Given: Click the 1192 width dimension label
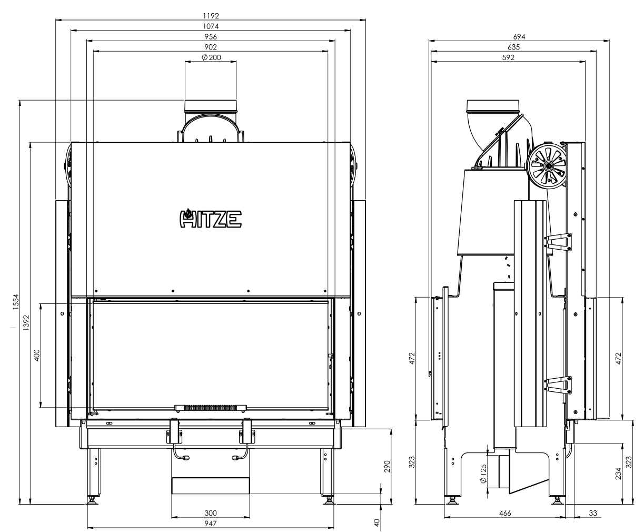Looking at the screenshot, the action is tap(211, 16).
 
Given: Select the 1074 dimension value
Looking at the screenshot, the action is tap(211, 26).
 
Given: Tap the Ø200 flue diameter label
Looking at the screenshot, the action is tap(211, 57).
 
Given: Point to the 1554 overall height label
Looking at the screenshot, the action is tap(16, 302).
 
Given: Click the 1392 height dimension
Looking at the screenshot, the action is tap(26, 323).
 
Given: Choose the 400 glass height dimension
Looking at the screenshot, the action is tap(36, 356).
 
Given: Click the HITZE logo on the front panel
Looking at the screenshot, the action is tap(211, 219).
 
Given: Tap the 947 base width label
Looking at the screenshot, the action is tap(211, 524).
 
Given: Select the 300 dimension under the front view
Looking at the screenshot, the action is tap(211, 513).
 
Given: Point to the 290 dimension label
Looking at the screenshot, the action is tap(388, 466).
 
